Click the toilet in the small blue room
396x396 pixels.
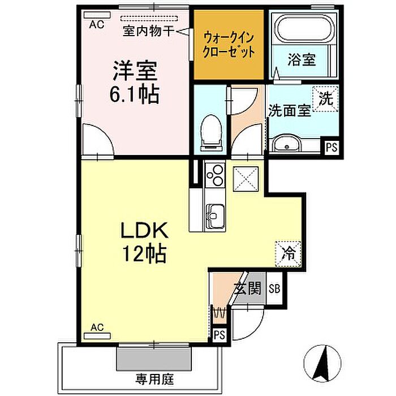(x=211, y=133)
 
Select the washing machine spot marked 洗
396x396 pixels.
(x=325, y=99)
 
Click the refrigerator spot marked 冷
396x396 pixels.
(x=288, y=254)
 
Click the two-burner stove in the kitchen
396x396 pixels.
(x=215, y=174)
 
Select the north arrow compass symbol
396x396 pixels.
(x=322, y=364)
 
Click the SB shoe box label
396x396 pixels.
(x=274, y=289)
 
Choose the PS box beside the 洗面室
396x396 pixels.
(x=332, y=147)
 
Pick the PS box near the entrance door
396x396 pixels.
(x=219, y=335)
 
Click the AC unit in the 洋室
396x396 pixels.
(x=97, y=15)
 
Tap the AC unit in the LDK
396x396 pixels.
(x=97, y=336)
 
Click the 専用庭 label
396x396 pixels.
(x=155, y=379)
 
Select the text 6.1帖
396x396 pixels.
(x=134, y=94)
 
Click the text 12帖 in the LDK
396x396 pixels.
(x=144, y=253)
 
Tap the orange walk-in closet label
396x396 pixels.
(x=229, y=45)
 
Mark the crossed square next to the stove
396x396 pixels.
(x=246, y=179)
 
